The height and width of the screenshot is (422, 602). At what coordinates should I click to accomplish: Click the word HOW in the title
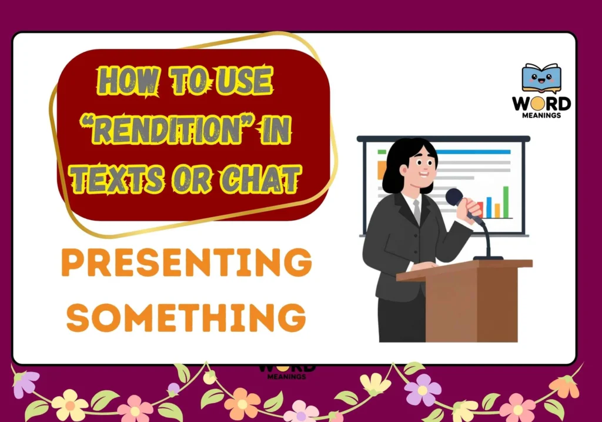pyautogui.click(x=128, y=81)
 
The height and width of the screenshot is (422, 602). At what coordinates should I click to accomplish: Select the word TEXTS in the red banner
pyautogui.click(x=117, y=179)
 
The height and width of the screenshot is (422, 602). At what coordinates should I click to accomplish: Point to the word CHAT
pyautogui.click(x=260, y=179)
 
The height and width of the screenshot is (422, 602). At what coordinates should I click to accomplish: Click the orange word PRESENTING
pyautogui.click(x=186, y=262)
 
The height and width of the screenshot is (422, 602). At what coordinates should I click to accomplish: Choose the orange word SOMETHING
pyautogui.click(x=186, y=317)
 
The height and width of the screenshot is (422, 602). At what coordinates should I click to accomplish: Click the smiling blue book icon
pyautogui.click(x=541, y=78)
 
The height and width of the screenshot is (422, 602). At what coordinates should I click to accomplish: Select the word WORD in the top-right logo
pyautogui.click(x=541, y=104)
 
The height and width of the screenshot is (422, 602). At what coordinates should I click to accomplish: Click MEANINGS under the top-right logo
pyautogui.click(x=541, y=115)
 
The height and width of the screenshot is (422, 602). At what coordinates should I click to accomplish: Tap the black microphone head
pyautogui.click(x=454, y=197)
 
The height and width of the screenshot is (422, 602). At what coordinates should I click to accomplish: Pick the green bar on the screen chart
pyautogui.click(x=506, y=202)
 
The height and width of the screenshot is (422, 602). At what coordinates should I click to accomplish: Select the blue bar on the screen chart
pyautogui.click(x=489, y=208)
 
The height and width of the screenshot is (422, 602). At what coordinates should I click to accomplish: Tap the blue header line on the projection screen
pyautogui.click(x=474, y=152)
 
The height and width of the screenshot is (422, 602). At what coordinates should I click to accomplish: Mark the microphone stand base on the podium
pyautogui.click(x=487, y=258)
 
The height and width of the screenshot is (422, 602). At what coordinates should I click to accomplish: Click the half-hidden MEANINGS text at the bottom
pyautogui.click(x=286, y=377)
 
